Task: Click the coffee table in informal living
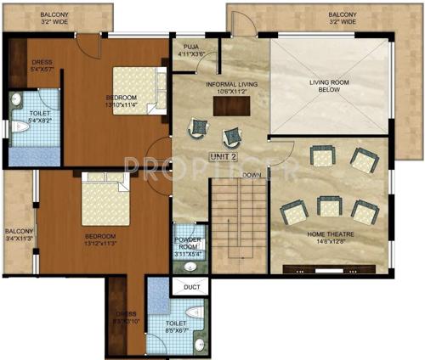coord(225,106)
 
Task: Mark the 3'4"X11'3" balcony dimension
coord(18,239)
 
